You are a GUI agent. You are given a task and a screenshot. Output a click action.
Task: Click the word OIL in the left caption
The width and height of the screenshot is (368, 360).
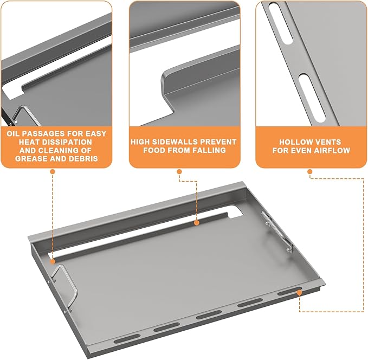tap(12, 133)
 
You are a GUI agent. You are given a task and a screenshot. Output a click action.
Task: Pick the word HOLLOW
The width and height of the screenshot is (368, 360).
tap(294, 142)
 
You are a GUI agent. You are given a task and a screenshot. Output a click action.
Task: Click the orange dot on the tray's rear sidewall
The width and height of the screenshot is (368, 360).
tap(197, 223)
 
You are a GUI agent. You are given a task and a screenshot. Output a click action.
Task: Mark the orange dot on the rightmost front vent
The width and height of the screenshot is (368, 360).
tap(299, 292)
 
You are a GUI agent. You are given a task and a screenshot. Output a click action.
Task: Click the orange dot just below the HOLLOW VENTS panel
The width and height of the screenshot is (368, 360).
tap(310, 172)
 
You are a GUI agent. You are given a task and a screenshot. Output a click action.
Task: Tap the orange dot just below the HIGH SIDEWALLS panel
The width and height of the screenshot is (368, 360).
tap(179, 172)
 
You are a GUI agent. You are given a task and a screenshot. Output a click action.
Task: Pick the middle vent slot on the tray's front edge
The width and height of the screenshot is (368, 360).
tap(209, 314)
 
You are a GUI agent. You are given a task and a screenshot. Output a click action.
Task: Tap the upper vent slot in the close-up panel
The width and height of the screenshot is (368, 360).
tap(281, 23)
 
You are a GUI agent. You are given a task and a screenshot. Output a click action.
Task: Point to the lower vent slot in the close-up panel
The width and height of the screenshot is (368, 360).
tap(312, 98)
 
